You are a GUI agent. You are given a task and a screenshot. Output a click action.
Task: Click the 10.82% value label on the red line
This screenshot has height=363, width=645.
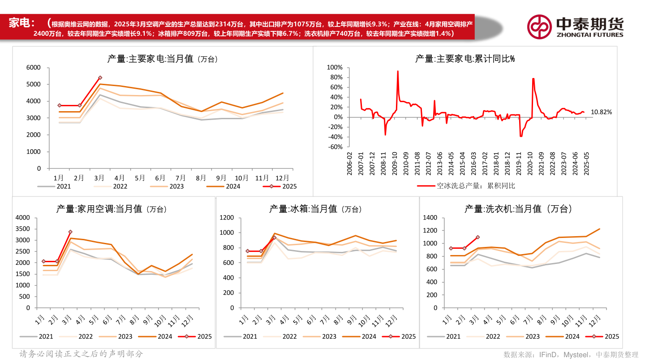coord(601,112)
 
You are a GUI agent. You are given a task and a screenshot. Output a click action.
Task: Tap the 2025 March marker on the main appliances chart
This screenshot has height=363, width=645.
coord(100,78)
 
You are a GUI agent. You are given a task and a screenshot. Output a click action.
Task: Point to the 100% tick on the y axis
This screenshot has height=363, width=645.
coord(335,67)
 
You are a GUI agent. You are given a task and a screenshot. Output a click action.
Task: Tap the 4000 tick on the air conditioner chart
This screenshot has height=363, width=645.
coord(22,218)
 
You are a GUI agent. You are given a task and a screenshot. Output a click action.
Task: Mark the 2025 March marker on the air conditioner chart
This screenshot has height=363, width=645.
coord(70,232)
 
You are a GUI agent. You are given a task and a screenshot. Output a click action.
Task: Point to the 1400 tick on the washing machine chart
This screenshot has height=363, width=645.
coord(430,218)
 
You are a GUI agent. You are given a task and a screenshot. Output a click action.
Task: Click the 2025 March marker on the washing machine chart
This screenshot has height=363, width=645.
coord(478,237)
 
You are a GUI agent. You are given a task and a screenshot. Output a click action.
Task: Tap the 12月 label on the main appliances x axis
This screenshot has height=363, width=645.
coord(281,178)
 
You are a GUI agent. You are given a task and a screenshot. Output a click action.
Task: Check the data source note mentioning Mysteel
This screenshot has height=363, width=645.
coord(571,354)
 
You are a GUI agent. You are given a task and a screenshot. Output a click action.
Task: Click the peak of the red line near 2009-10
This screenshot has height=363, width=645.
coord(398,71)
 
